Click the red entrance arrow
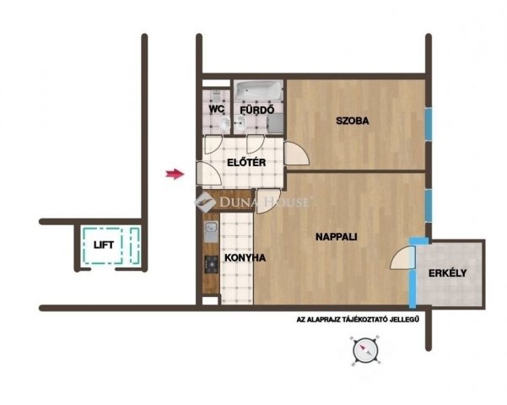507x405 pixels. [x=175, y=174]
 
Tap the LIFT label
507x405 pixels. [x=104, y=245]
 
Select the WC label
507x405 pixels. [x=216, y=109]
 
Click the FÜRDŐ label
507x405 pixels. [x=256, y=110]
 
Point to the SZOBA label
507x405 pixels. [x=352, y=121]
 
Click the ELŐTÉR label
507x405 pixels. [x=246, y=162]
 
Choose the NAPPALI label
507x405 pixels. [x=337, y=237]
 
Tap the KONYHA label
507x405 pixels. [x=245, y=258]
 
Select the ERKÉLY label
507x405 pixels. [x=447, y=273]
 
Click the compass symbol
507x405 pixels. [x=365, y=350]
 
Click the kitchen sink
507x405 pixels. [x=212, y=232]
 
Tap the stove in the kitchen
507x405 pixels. [x=212, y=265]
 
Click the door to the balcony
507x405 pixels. [x=403, y=258]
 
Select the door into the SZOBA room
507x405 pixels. [x=297, y=154]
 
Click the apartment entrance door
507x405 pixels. [x=209, y=174]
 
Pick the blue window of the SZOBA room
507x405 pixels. [x=428, y=124]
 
